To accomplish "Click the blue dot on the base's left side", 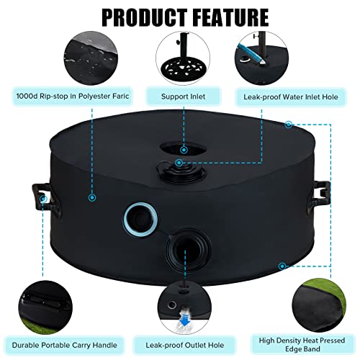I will click(x=92, y=197).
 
